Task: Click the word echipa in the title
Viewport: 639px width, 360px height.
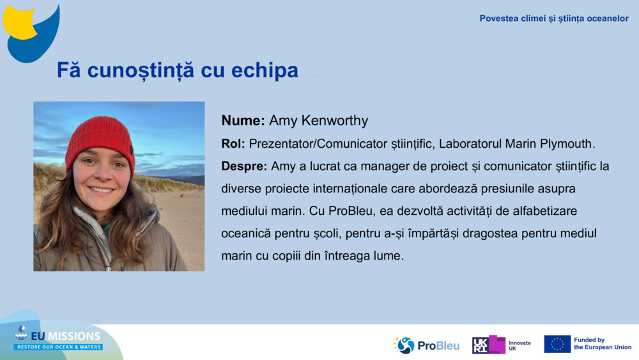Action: coord(265,70)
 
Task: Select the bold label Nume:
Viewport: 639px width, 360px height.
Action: coord(243,121)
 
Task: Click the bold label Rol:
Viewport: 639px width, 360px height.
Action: coord(233,143)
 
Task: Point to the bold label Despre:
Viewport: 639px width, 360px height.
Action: coord(244,166)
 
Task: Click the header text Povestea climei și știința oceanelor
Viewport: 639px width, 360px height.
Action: coord(554,19)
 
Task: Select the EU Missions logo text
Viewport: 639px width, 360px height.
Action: coord(65,336)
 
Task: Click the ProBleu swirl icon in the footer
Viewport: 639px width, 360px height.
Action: coord(404,345)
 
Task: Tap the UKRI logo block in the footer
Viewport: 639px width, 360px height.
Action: coord(489,345)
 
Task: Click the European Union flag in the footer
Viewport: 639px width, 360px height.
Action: coord(557,344)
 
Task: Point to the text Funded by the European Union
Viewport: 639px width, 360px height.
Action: coord(603,343)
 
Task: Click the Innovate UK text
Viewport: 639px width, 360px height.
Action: coord(520,346)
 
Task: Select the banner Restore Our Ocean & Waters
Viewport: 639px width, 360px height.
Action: coord(58,347)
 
